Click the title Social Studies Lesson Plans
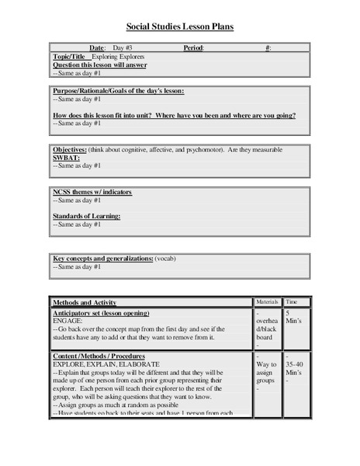(180, 27)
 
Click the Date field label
(97, 48)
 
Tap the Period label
(194, 48)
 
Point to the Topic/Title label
(71, 57)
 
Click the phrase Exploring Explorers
(117, 57)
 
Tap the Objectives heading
(74, 149)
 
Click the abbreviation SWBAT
(66, 157)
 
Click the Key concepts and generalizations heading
(102, 258)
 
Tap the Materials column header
(268, 301)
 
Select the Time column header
(292, 301)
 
